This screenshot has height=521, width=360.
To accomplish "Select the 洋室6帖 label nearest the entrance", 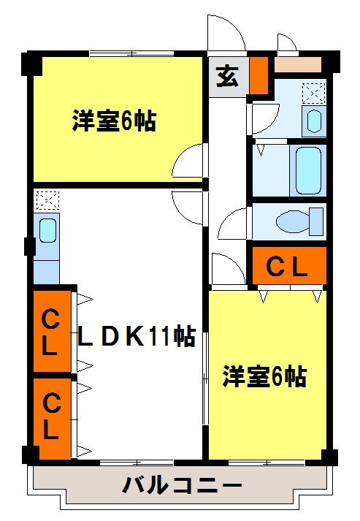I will [114, 121].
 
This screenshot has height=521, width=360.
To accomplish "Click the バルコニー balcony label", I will [182, 484].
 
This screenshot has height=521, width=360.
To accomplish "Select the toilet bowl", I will [299, 219].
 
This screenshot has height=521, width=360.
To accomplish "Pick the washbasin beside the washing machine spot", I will [315, 119].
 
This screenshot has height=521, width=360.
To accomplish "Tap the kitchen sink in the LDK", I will [47, 231].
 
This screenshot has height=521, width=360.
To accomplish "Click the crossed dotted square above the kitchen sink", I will [47, 199].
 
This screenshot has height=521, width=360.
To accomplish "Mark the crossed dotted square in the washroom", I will [313, 93].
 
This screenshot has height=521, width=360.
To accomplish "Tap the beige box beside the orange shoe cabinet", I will [297, 64].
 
